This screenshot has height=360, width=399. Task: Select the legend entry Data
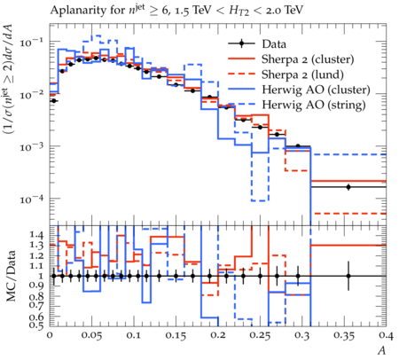[274, 44]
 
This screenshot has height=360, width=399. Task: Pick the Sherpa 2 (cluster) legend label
[308, 59]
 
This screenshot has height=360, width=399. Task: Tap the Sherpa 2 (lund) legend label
[302, 74]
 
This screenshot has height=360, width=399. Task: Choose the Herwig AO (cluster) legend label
[316, 90]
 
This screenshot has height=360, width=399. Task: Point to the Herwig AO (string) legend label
[314, 105]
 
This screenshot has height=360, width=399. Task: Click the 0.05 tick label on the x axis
[92, 336]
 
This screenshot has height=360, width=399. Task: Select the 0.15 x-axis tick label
[176, 336]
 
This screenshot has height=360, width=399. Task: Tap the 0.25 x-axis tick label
[261, 336]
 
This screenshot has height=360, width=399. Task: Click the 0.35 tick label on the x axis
[345, 336]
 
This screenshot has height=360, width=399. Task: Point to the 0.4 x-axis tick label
[387, 336]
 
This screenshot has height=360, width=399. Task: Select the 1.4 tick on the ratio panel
[37, 236]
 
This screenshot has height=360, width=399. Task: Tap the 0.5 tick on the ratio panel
[37, 325]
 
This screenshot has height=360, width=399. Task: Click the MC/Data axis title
[11, 276]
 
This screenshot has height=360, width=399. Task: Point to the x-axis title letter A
[382, 351]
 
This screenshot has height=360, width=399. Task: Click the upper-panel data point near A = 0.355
[348, 187]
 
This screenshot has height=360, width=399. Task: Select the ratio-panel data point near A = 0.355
[348, 276]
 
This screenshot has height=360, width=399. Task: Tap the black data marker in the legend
[241, 43]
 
